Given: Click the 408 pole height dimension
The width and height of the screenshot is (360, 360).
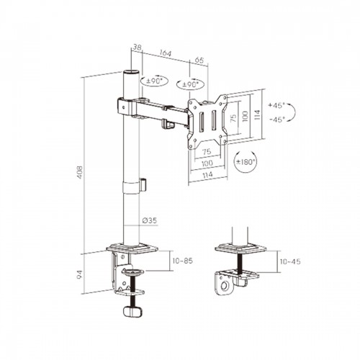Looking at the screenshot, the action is [80, 172].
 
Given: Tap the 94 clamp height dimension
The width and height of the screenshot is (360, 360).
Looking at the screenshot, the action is [80, 274].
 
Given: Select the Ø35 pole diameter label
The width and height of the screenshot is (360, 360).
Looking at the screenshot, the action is [149, 220].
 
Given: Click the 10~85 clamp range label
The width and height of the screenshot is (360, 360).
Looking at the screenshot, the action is [183, 261].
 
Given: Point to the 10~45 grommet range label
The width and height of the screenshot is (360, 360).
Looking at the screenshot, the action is [290, 261].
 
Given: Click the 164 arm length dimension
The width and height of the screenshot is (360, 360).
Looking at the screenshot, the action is [166, 53].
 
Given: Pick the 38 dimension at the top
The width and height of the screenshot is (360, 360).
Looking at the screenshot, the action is [137, 48].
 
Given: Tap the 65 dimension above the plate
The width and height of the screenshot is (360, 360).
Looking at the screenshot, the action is [199, 60].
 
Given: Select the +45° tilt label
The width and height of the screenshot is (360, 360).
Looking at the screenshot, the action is [276, 105].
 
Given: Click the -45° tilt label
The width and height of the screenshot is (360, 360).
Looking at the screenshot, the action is [276, 120].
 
